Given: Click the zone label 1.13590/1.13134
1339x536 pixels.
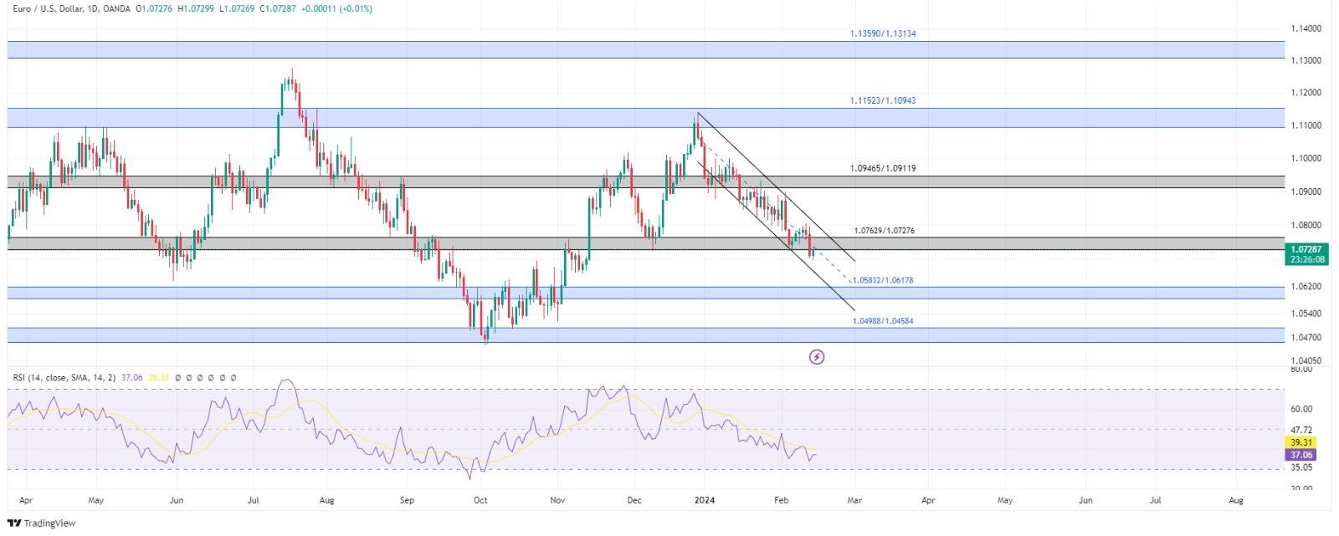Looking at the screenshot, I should [876, 34].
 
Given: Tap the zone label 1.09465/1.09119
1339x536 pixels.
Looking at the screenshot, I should [882, 168].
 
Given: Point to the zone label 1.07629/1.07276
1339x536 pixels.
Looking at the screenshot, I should [884, 231].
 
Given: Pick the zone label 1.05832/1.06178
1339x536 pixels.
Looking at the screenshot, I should [883, 280].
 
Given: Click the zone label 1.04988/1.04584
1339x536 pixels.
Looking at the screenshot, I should [882, 321].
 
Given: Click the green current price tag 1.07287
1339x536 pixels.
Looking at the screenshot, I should [1306, 249].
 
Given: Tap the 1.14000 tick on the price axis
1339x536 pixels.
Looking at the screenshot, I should [1306, 28].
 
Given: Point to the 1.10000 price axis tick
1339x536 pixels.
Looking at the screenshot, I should [1306, 158].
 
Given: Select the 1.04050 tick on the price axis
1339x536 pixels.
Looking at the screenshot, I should [1306, 360].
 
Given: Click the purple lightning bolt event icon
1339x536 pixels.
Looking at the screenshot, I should [817, 358].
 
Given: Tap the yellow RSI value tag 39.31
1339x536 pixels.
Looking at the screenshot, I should [1302, 442].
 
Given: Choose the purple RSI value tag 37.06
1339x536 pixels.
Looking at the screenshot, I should [1302, 455].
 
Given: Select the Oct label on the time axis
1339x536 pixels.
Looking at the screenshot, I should [480, 501].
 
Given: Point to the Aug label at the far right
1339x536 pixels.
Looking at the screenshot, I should [1235, 501].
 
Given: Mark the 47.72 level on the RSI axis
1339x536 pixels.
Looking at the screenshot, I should [1301, 430].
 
